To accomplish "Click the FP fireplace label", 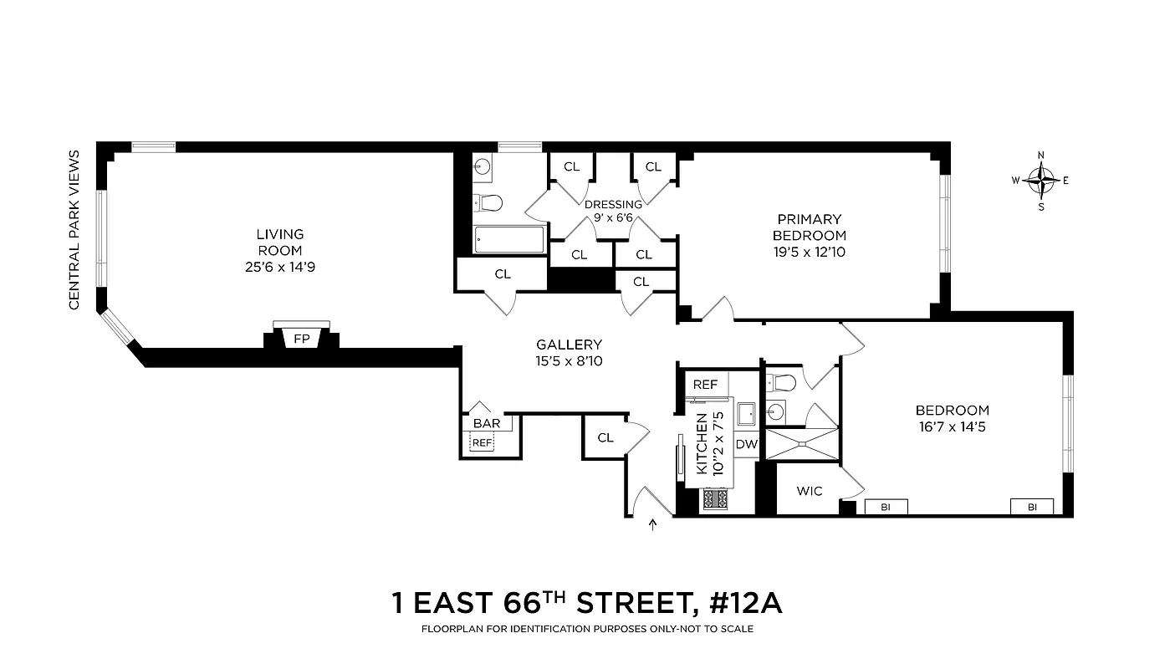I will pyautogui.click(x=301, y=339).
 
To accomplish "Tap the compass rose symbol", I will pyautogui.click(x=1041, y=180).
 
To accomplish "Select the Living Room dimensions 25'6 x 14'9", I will pyautogui.click(x=280, y=268).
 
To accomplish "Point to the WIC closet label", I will pyautogui.click(x=809, y=491).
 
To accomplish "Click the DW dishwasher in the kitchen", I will pyautogui.click(x=746, y=444).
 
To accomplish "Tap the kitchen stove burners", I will pyautogui.click(x=716, y=499).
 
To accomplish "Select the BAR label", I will pyautogui.click(x=487, y=423).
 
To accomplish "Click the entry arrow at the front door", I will pyautogui.click(x=653, y=524).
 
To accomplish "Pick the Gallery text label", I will pyautogui.click(x=569, y=345).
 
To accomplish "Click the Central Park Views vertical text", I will pyautogui.click(x=74, y=230).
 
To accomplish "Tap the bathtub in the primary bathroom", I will pyautogui.click(x=508, y=240).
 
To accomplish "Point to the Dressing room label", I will pyautogui.click(x=613, y=204).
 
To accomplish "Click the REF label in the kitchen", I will pyautogui.click(x=705, y=385).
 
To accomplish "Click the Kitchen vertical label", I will pyautogui.click(x=702, y=444).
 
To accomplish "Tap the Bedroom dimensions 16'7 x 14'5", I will pyautogui.click(x=952, y=426).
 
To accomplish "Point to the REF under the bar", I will pyautogui.click(x=483, y=442).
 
